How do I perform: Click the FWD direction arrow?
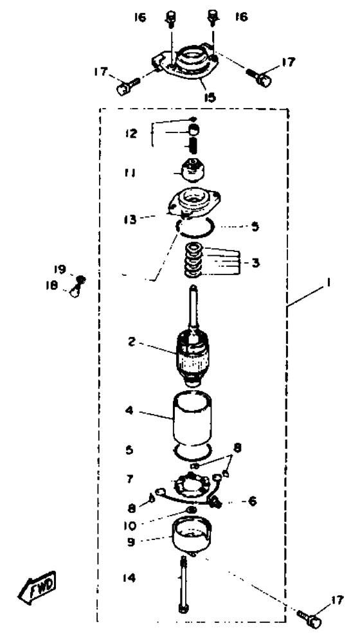(x=37, y=587)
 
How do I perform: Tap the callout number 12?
(x=131, y=134)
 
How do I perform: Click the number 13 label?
(x=131, y=220)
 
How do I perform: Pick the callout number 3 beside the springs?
(x=255, y=263)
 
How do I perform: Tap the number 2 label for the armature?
(x=131, y=341)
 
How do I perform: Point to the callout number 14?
(x=131, y=577)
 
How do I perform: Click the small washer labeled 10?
(x=192, y=510)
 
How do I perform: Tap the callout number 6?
(x=253, y=501)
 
